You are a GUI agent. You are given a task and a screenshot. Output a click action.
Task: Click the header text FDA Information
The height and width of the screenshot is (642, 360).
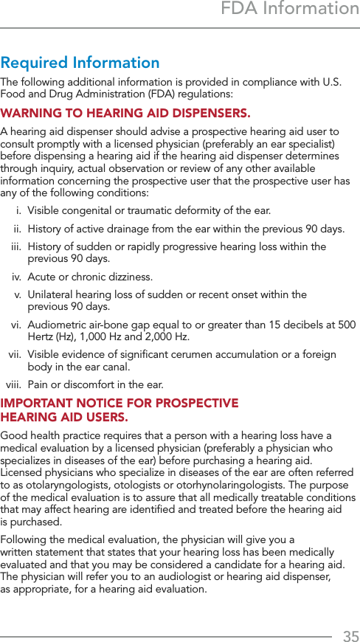[290, 10]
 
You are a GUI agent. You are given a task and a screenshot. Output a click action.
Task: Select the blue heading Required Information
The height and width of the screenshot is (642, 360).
[80, 63]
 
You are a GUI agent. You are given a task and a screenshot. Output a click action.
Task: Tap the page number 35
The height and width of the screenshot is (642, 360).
[350, 636]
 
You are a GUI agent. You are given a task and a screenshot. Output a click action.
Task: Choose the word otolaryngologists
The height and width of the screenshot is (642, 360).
[67, 486]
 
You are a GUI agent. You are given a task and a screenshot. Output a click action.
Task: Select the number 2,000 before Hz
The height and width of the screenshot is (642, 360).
[171, 336]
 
